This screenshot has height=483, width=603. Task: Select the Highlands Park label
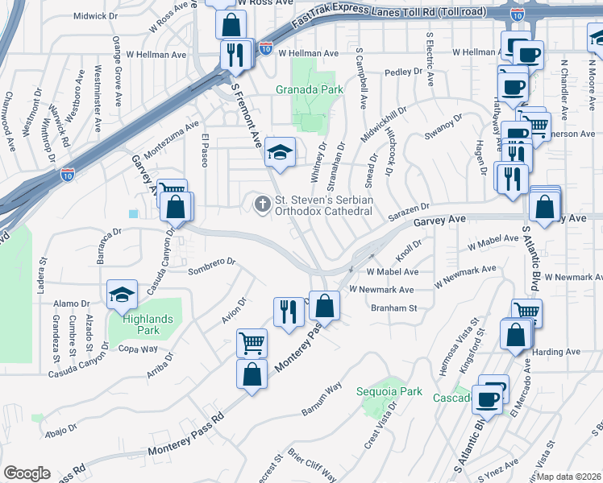148,324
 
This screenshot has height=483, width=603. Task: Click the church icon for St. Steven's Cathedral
262,204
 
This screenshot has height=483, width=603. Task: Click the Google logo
27,473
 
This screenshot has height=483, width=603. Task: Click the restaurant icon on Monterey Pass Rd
288,312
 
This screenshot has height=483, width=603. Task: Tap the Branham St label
393,308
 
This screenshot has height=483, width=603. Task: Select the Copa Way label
138,349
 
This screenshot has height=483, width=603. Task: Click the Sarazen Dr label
406,213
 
